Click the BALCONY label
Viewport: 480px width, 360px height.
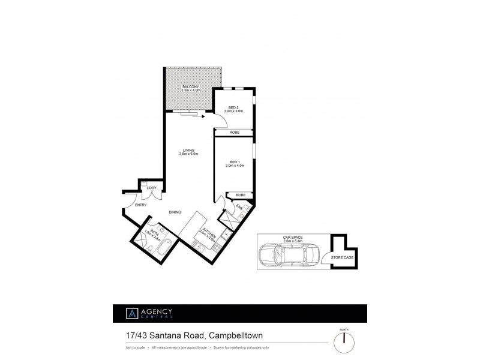191,88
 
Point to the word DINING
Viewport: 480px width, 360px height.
175,212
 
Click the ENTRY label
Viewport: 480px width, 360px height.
141,205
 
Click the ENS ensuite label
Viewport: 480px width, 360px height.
239,208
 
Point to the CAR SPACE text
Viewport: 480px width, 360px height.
292,238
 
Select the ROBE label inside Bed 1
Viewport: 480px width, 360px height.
240,195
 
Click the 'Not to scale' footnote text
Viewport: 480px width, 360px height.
135,347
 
